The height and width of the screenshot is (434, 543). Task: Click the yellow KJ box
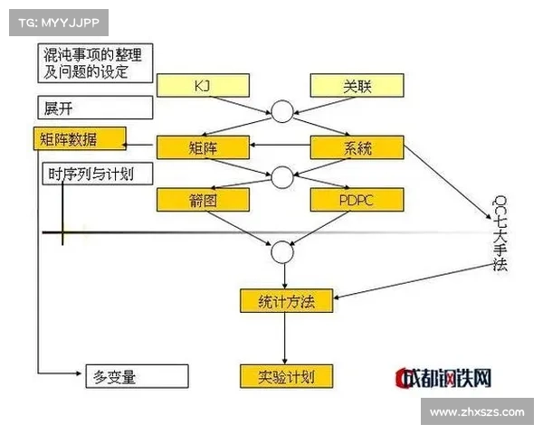[x=201, y=85]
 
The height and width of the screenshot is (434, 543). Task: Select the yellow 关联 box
[x=357, y=85]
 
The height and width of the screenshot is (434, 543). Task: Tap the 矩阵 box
[x=201, y=146]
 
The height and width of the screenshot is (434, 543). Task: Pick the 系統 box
[x=357, y=146]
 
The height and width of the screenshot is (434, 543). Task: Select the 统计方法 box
[x=286, y=301]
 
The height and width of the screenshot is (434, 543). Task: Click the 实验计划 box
[x=286, y=375]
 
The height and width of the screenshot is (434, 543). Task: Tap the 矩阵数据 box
[x=79, y=139]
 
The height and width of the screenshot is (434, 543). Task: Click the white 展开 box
[x=94, y=107]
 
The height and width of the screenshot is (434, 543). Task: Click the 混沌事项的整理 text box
[x=94, y=62]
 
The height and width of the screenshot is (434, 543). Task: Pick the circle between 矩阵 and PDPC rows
[x=282, y=175]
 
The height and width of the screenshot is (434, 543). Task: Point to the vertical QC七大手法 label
[x=500, y=233]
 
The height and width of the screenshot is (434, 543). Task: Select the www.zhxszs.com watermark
[x=477, y=412]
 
